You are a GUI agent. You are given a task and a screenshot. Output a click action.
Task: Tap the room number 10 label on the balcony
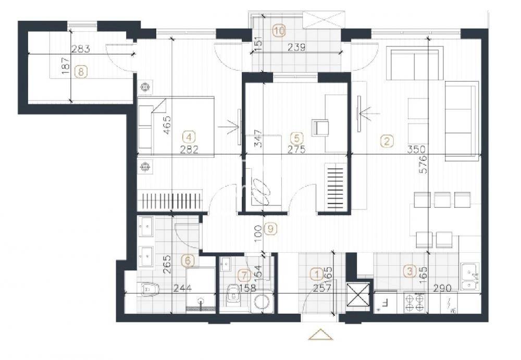(279, 31)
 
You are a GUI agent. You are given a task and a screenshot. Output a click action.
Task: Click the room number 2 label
(387, 141)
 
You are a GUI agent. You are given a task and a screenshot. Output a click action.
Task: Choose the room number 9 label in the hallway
(270, 228)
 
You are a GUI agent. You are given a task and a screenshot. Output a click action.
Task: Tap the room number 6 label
(188, 261)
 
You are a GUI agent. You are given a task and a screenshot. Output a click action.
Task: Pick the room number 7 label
(244, 275)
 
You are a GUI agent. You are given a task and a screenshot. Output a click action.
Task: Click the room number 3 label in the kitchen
(410, 271)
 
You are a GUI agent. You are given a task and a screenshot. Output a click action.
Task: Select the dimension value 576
(423, 164)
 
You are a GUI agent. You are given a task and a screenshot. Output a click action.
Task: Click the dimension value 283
(81, 49)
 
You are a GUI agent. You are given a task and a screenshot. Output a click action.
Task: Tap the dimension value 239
(296, 47)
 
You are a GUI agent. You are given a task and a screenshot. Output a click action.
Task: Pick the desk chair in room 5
(320, 128)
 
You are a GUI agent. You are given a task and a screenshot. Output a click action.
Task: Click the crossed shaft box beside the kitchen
(358, 294)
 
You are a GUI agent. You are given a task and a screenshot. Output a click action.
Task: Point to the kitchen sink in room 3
(470, 276)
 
